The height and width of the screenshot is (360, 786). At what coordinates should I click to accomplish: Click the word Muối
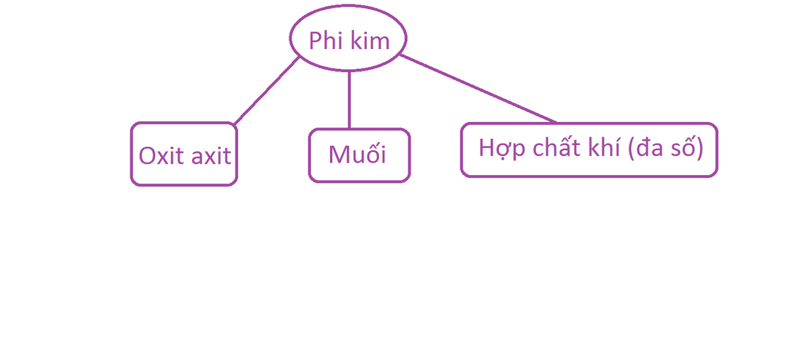357,155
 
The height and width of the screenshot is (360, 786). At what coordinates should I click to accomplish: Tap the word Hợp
497,148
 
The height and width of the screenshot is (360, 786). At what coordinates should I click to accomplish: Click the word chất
546,147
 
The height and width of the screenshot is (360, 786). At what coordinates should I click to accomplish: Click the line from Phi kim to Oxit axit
266,91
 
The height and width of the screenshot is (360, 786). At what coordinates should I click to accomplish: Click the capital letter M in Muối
339,155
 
